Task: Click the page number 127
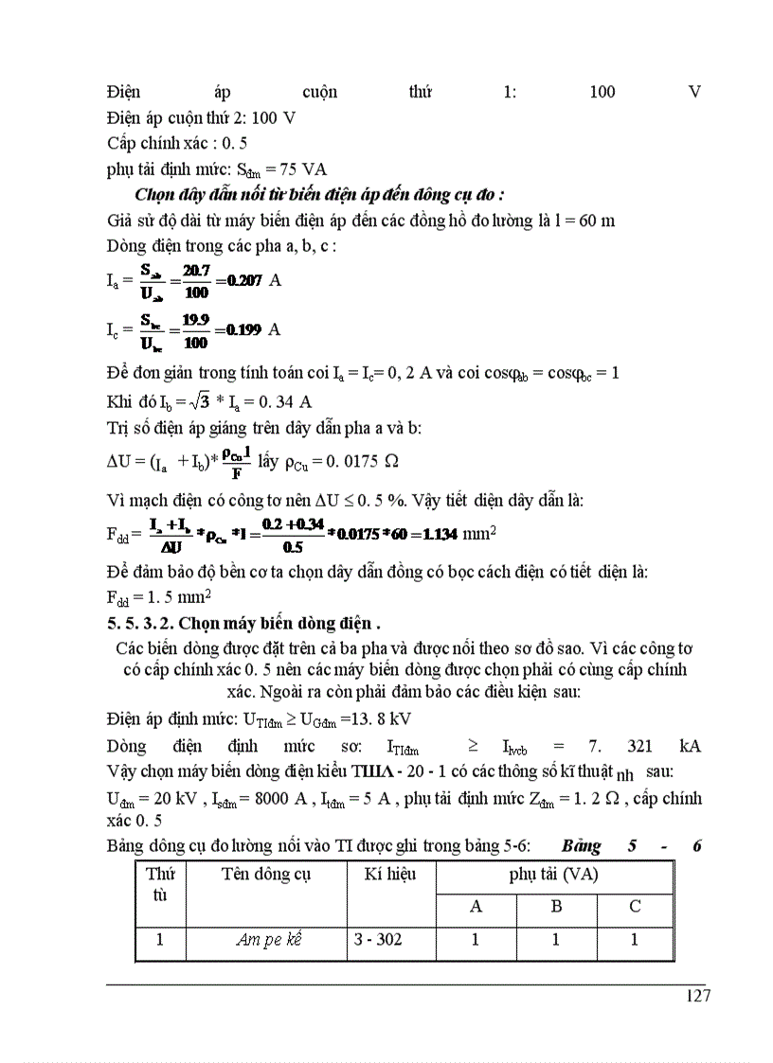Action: [x=695, y=995]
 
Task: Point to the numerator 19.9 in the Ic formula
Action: [x=196, y=321]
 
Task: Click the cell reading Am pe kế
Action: [x=266, y=940]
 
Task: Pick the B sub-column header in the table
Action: [x=557, y=907]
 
